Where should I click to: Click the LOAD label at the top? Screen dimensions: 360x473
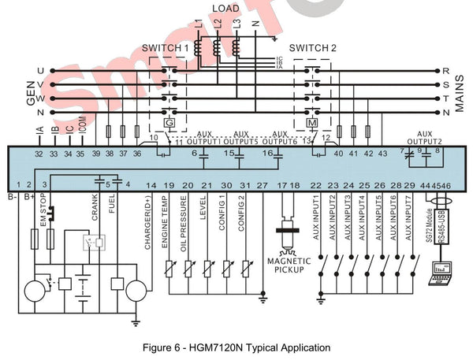tap(226, 8)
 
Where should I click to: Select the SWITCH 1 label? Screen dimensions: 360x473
tap(166, 48)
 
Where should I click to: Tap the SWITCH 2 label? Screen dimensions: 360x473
tap(313, 48)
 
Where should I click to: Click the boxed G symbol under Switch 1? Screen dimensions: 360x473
tap(168, 123)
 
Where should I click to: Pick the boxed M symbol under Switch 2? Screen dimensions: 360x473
tap(312, 123)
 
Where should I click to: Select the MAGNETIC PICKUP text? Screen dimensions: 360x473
tap(289, 265)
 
